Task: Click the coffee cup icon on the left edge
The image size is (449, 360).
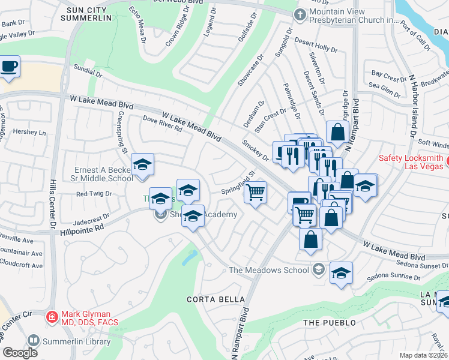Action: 8,67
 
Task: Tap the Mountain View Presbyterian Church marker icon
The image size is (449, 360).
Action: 299,14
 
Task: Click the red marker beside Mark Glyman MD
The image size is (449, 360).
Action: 52,316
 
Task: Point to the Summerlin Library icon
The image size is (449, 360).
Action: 34,341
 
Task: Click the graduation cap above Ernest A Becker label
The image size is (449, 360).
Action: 143,164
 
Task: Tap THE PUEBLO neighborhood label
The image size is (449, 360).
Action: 325,323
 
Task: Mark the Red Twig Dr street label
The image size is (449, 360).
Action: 94,194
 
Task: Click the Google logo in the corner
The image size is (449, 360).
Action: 20,353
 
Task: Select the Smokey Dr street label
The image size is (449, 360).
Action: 256,151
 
